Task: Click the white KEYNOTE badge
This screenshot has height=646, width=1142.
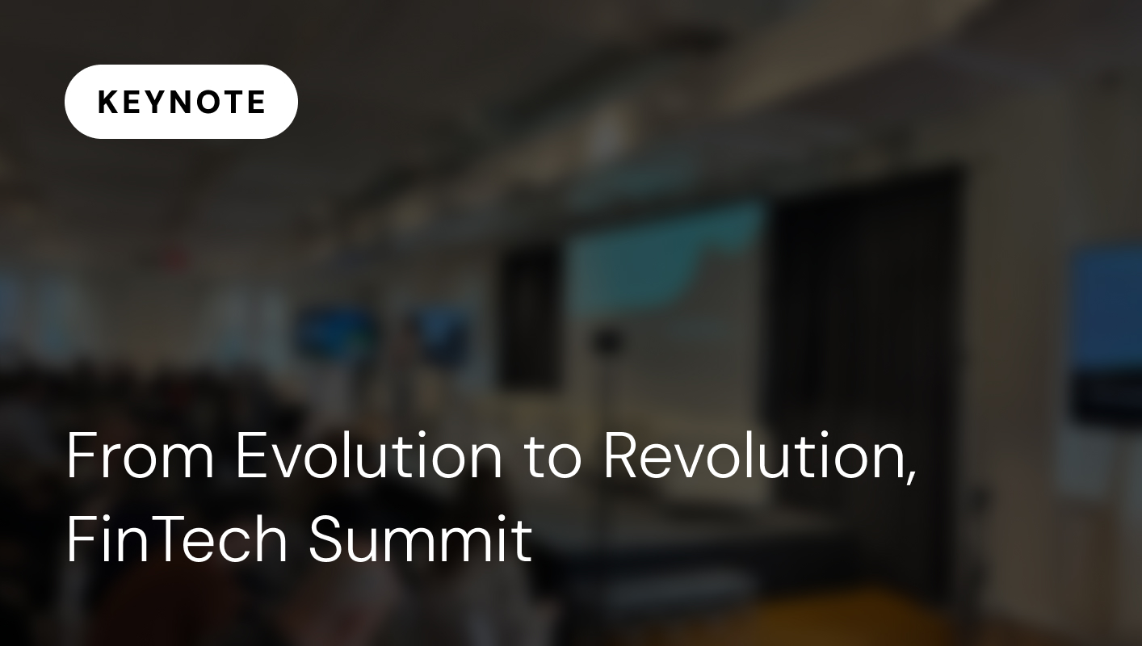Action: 181,102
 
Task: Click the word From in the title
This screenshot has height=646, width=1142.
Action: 140,457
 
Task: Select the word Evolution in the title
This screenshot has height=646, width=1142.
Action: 368,457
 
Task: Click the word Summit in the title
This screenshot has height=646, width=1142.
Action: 420,539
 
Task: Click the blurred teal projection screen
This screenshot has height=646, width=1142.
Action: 662,258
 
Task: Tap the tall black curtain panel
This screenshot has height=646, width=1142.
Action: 864,323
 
